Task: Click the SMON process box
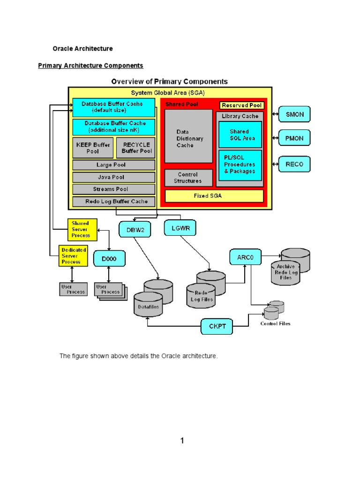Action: [294, 114]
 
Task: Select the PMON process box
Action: [294, 139]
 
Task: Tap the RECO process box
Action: [294, 164]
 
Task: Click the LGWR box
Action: [180, 228]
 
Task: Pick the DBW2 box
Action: [134, 230]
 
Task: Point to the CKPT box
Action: [217, 326]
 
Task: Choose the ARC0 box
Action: [245, 257]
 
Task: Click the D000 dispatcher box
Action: [109, 258]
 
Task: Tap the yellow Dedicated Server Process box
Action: [73, 256]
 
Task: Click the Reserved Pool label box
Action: [242, 105]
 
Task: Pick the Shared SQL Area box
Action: [240, 135]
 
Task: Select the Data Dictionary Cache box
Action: [188, 139]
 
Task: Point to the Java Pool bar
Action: [113, 177]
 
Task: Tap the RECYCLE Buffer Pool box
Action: [136, 148]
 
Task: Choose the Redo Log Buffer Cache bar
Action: [113, 202]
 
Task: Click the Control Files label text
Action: [275, 323]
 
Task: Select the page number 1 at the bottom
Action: [182, 440]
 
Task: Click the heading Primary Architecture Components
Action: [90, 66]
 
